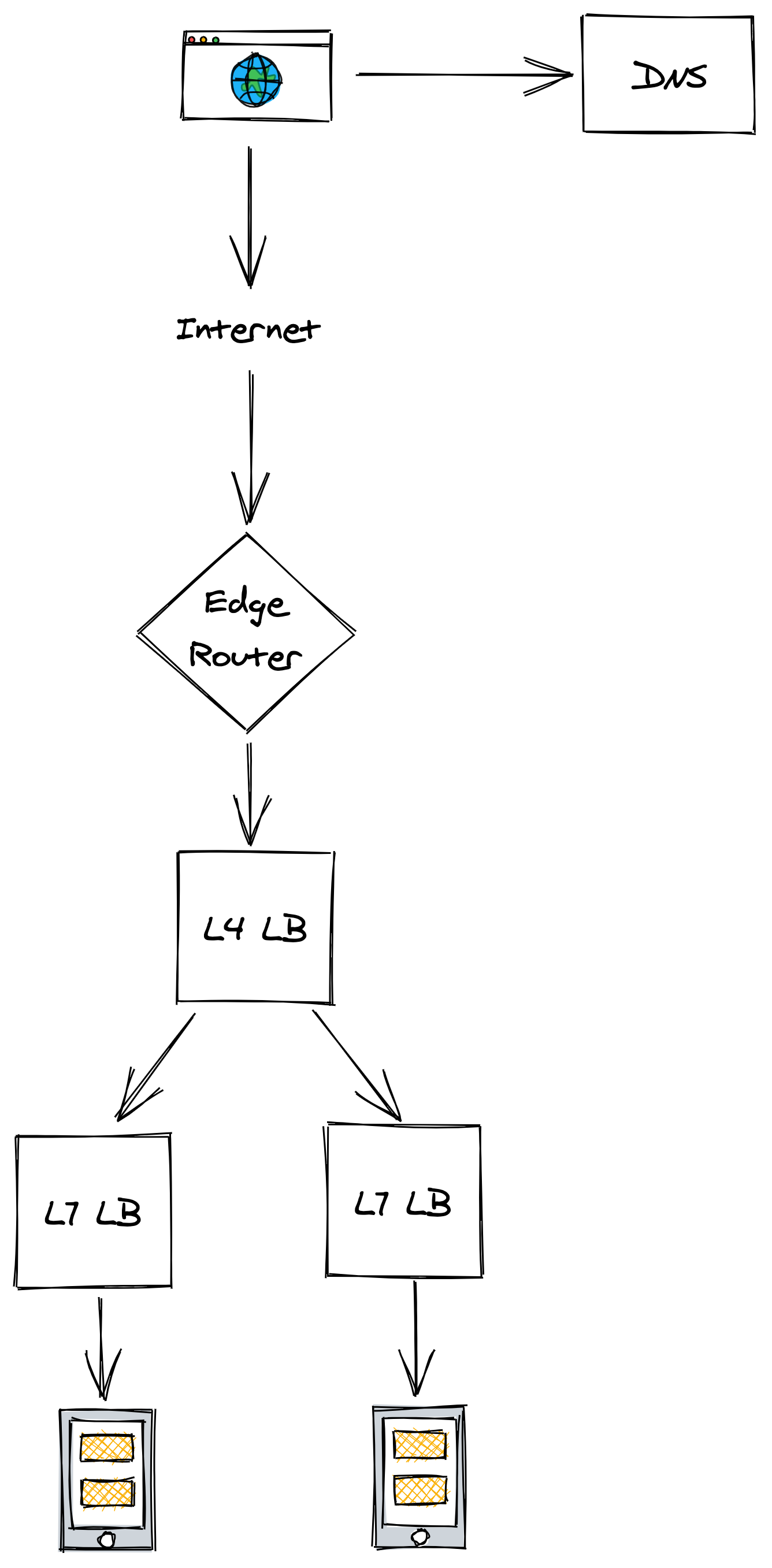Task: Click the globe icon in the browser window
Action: [x=256, y=80]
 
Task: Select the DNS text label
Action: [x=669, y=76]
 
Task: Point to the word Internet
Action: [x=248, y=329]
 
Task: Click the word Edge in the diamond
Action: [x=247, y=604]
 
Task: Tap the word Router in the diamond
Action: [x=245, y=656]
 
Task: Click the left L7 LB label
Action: [x=92, y=1213]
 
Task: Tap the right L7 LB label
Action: [x=402, y=1203]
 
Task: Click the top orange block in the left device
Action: [x=107, y=1448]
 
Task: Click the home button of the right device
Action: [x=420, y=1536]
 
